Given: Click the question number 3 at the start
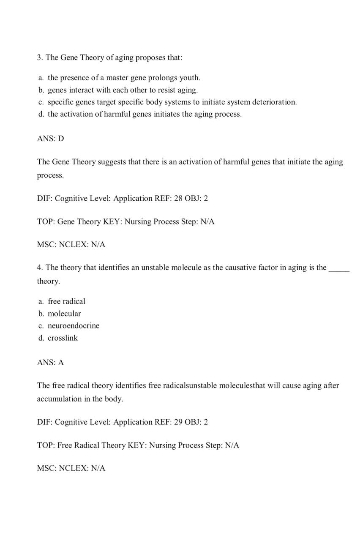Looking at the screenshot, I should [x=40, y=57].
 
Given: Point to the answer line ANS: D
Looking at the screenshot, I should [x=50, y=139].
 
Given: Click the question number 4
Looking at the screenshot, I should [x=40, y=268].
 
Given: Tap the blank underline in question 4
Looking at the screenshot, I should [x=339, y=268].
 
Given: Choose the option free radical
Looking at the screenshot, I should [x=66, y=301].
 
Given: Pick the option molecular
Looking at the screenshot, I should [x=64, y=314].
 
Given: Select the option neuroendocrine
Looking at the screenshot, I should [x=74, y=326].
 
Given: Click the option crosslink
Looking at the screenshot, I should [x=63, y=338].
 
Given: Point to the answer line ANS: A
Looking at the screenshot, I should [x=50, y=362].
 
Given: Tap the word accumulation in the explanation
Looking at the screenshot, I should [x=59, y=399].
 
